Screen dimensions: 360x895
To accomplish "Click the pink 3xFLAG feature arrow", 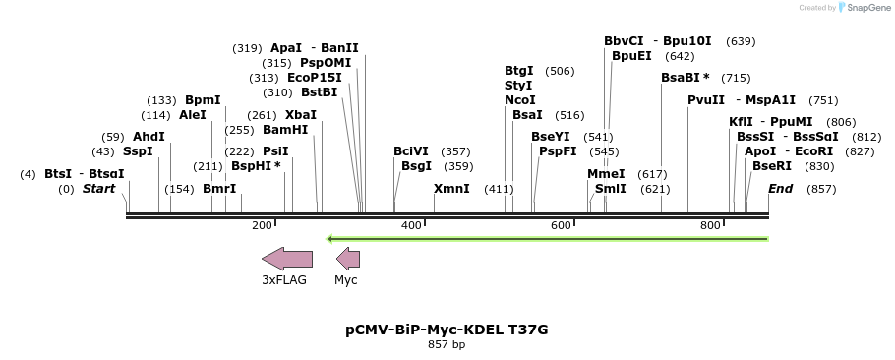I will tap(287, 259).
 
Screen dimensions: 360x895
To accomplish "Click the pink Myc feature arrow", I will tap(348, 259).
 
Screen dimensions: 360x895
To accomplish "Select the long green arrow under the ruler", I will tap(547, 238).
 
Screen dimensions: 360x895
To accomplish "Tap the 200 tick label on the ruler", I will tap(262, 226).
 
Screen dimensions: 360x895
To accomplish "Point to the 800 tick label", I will tap(710, 226).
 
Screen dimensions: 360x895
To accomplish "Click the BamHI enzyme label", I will tap(285, 130).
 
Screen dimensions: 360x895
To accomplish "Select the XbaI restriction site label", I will tap(301, 115).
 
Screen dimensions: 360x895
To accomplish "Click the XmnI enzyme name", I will tap(451, 189).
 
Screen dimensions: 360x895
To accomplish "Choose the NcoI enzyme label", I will tap(520, 100).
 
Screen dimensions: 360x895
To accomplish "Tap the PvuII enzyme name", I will tap(706, 100).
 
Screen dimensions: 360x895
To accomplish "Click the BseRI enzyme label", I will tap(772, 166).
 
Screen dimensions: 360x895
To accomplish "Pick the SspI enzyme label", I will tap(138, 151).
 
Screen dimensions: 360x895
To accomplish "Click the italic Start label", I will tap(98, 189).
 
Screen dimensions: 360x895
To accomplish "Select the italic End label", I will tap(780, 189).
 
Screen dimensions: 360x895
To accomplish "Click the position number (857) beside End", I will tap(821, 189).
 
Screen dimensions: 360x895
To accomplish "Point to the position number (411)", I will tap(499, 189).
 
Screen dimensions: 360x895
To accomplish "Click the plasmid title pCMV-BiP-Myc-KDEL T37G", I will tap(447, 330).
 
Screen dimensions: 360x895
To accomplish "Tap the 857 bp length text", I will tap(447, 345).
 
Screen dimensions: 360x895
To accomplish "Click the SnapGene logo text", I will tap(865, 8).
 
